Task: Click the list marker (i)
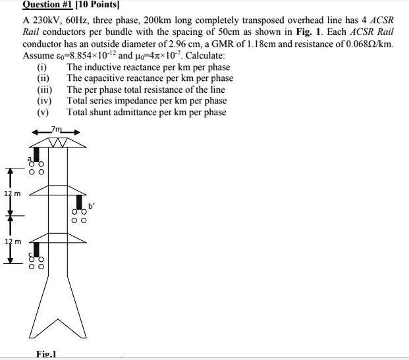tap(42, 67)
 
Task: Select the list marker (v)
tap(43, 112)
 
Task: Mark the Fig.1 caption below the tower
tap(46, 354)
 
